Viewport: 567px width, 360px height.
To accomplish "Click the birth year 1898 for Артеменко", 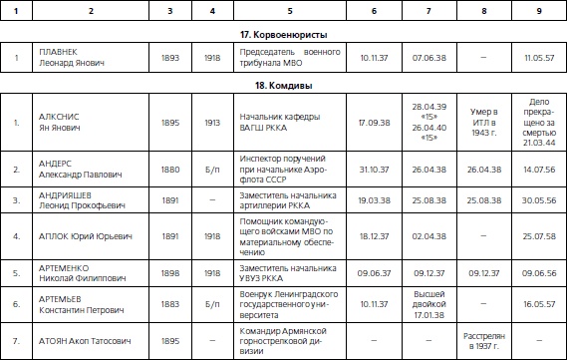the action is [170, 271].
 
